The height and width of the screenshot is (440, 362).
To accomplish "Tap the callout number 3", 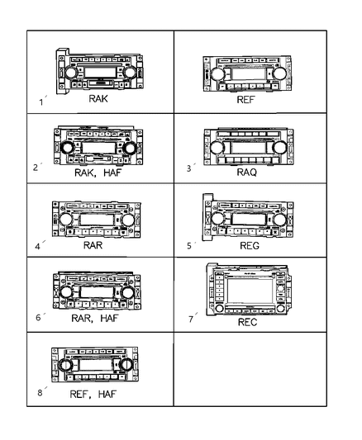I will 188,168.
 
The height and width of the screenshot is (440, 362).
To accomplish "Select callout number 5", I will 188,245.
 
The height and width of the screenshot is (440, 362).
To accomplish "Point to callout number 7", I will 189,317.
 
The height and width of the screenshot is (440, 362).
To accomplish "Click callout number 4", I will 37,245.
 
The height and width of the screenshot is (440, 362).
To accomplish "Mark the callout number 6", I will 37,317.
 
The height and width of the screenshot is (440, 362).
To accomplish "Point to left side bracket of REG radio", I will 207,219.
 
